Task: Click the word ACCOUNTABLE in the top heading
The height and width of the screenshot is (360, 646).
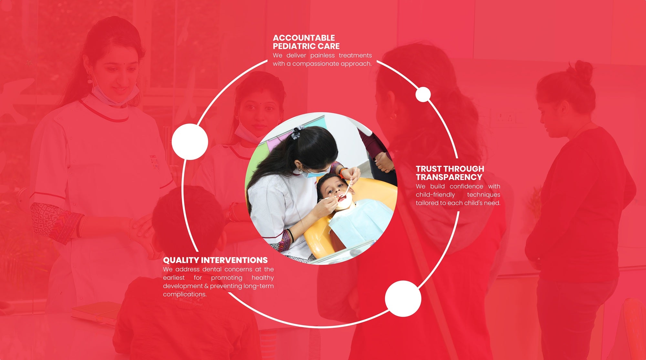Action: pos(304,38)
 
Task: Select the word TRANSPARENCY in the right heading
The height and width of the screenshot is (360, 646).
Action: pos(449,177)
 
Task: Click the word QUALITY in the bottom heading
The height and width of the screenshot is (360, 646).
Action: pos(181,260)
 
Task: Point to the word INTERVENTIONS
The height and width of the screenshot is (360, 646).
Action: pos(234,260)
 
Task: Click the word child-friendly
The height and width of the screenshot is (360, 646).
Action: pos(435,195)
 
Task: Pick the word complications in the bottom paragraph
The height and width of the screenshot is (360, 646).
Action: pos(184,294)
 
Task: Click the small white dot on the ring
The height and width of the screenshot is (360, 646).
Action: pos(423,95)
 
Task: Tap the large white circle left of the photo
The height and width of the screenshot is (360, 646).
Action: pos(190,142)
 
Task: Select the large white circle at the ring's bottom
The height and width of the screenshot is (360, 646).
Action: pos(403,299)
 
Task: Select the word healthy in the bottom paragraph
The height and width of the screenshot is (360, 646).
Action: pos(263,278)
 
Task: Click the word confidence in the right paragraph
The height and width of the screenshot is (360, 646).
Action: pos(466,186)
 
